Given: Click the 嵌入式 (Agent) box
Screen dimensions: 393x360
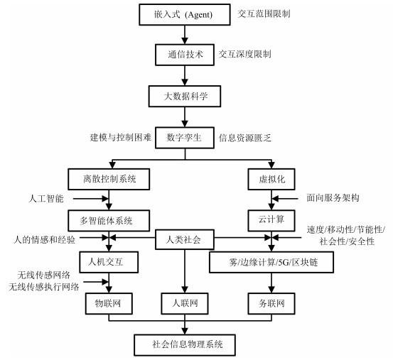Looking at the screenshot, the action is click(185, 14).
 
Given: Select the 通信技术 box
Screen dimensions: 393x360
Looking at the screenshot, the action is click(185, 55).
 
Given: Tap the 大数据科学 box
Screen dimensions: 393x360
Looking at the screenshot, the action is click(185, 97).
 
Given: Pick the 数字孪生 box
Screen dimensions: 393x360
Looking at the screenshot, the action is click(185, 138).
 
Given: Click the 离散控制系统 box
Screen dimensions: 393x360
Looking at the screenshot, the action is click(109, 179).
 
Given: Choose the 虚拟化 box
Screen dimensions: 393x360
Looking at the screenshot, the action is click(271, 179).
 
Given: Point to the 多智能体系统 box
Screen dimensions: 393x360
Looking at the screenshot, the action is click(109, 221).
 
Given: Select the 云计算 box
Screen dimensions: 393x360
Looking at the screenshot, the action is click(271, 221).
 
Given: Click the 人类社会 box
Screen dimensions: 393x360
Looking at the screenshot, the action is click(185, 239).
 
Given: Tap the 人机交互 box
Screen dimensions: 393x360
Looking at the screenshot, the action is click(109, 262).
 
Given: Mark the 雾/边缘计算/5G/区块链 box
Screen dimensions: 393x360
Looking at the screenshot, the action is click(271, 262).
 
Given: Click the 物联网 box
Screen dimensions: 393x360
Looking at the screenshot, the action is click(109, 304).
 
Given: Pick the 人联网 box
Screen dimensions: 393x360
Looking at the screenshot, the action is click(185, 304).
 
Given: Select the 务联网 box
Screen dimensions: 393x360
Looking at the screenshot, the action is click(271, 304).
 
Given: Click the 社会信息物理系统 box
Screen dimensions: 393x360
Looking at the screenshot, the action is click(185, 345).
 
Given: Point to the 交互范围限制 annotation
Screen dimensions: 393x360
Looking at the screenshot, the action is click(264, 13).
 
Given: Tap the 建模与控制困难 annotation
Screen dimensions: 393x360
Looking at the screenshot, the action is click(121, 138).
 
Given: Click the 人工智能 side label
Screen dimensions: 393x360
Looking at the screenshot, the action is click(46, 199).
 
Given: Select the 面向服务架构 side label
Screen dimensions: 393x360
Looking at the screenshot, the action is click(333, 198).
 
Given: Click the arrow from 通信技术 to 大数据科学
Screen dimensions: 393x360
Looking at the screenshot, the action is click(185, 75).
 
